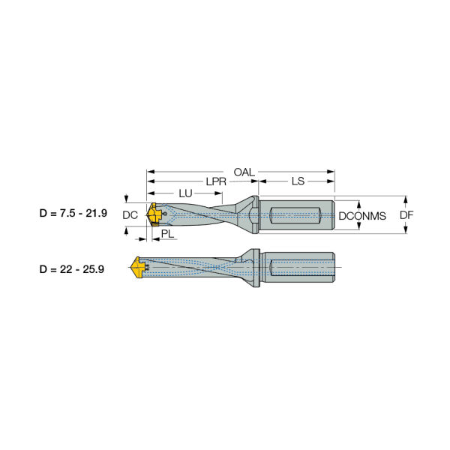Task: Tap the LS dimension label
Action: (297, 182)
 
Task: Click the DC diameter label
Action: (130, 215)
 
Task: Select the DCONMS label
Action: (362, 216)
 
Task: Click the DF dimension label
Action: (406, 215)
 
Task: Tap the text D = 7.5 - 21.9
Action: (73, 214)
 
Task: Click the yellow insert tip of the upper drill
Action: (152, 215)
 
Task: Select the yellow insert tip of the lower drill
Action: (138, 267)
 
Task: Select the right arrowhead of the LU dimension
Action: (219, 193)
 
